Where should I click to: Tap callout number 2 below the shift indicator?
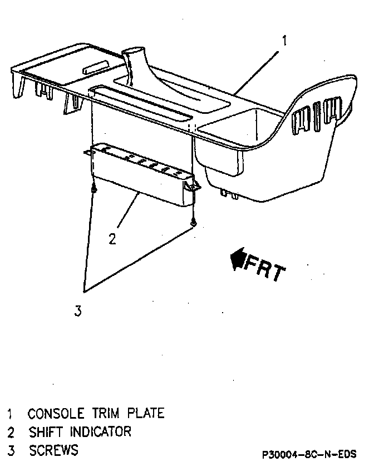coord(112,239)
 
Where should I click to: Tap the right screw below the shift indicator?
coord(193,223)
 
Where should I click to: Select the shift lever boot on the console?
coord(135,64)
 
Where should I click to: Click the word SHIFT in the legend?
coord(47,431)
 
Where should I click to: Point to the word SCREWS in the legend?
coord(53,450)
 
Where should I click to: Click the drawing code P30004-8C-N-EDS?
coord(309,454)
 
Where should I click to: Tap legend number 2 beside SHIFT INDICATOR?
coord(10,432)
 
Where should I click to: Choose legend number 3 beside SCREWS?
coord(10,450)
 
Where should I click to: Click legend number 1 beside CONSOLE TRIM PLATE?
coord(10,414)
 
